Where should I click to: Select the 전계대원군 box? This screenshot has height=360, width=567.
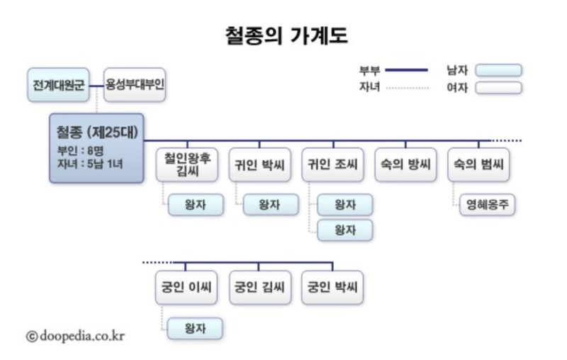tap(58, 84)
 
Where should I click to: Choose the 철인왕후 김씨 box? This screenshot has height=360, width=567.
tap(188, 164)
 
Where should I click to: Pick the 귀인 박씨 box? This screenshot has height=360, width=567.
tap(261, 164)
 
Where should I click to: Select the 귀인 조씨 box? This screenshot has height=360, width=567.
tap(333, 164)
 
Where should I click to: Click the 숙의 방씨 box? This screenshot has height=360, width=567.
tap(406, 164)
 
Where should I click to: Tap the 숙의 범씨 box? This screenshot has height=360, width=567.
tap(479, 164)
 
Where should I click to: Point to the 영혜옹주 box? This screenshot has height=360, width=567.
tap(487, 205)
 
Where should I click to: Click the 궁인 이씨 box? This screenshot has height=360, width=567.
tap(188, 288)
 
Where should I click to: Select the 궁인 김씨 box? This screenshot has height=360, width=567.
tap(261, 288)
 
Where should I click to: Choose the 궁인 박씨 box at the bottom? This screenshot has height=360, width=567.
tap(333, 288)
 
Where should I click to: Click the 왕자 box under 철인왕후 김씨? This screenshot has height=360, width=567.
tap(195, 205)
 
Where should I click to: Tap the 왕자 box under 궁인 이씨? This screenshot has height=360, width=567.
tap(195, 328)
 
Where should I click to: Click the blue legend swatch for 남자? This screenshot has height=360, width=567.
tap(498, 70)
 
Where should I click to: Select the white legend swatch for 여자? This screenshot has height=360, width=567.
tap(498, 88)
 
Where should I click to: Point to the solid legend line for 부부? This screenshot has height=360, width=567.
tap(406, 70)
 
